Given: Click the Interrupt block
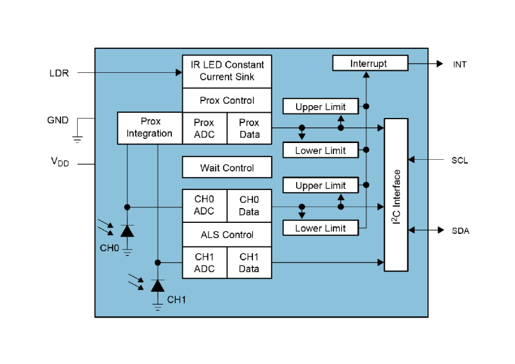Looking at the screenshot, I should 370,63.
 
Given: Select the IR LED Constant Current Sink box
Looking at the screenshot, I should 227,71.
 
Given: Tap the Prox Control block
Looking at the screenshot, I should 227,101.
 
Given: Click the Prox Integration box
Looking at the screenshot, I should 149,128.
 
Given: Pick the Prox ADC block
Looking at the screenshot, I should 204,128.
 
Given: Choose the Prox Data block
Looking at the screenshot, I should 249,128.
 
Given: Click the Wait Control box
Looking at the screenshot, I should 227,168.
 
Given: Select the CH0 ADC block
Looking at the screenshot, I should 204,206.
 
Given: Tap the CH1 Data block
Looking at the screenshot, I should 249,263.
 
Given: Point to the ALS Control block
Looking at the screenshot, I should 227,235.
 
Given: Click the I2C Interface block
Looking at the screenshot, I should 396,195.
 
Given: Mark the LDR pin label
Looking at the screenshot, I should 59,73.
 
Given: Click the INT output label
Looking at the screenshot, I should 460,64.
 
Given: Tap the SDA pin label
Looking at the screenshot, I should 460,230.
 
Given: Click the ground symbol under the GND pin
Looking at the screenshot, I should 77,138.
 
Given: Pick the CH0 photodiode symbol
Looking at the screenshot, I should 127,231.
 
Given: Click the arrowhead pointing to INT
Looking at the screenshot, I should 439,64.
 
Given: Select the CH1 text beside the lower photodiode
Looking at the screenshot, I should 176,300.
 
